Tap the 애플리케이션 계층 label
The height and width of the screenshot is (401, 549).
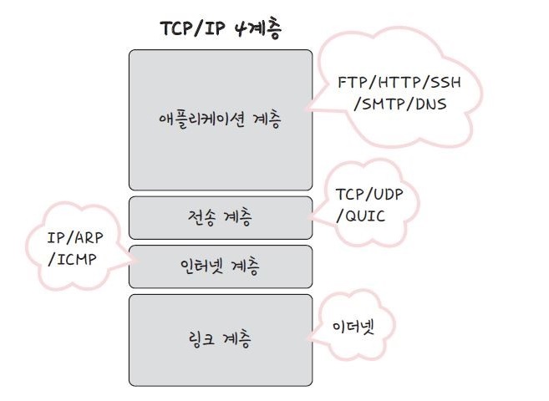(220, 119)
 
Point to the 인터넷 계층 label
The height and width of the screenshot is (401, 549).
(220, 266)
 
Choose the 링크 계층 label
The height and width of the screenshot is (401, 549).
(220, 339)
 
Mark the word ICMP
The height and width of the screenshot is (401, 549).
(79, 258)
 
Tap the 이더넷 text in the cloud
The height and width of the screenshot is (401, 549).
(352, 325)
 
